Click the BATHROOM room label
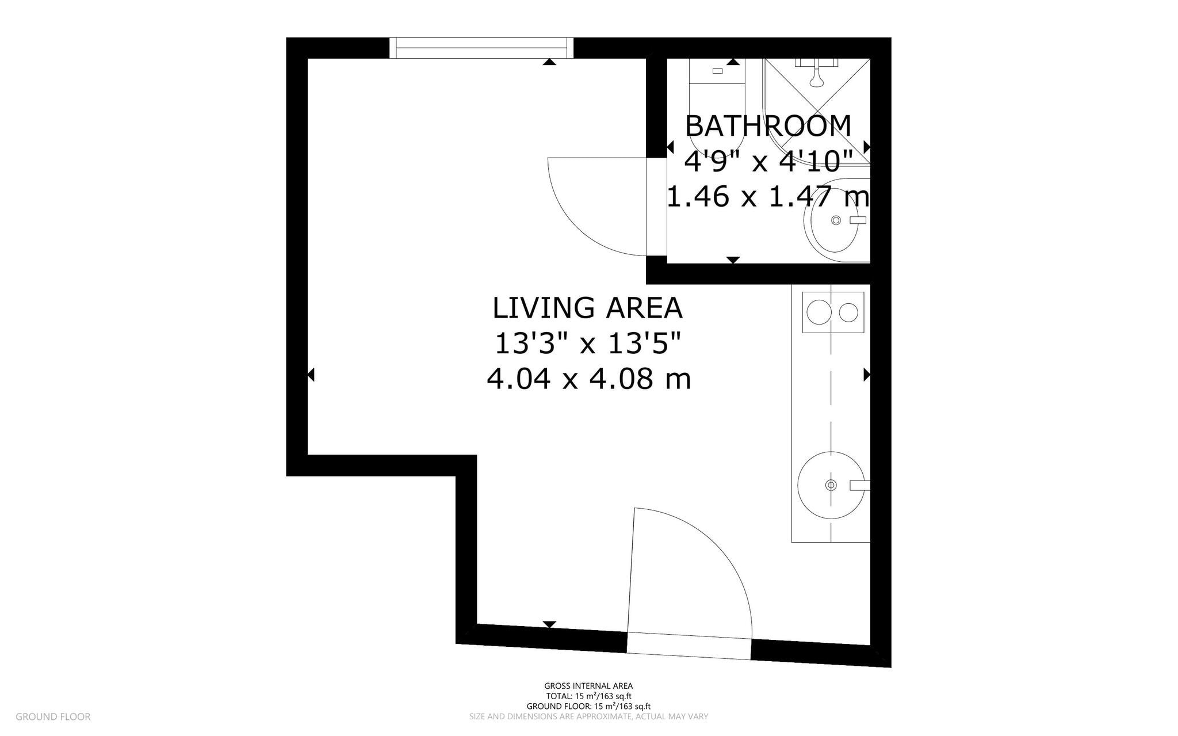[x=768, y=125]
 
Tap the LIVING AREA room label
[x=587, y=308]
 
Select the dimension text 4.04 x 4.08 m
[x=588, y=379]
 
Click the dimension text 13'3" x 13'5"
[x=587, y=344]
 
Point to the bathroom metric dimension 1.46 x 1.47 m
[x=768, y=197]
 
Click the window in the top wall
[x=481, y=48]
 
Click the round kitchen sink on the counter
[x=831, y=485]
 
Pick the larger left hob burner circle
[x=818, y=312]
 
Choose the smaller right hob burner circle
[x=848, y=312]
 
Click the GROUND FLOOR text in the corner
[x=53, y=716]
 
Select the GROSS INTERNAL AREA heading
[x=588, y=686]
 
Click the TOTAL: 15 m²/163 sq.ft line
[x=588, y=696]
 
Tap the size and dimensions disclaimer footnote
[x=588, y=716]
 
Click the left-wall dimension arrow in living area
[x=311, y=375]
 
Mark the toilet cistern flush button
[x=717, y=71]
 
